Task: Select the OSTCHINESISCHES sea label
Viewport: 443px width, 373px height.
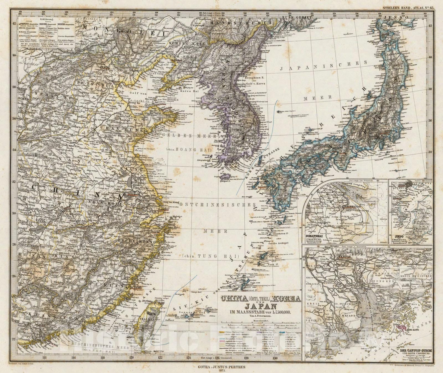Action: [217, 204]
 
